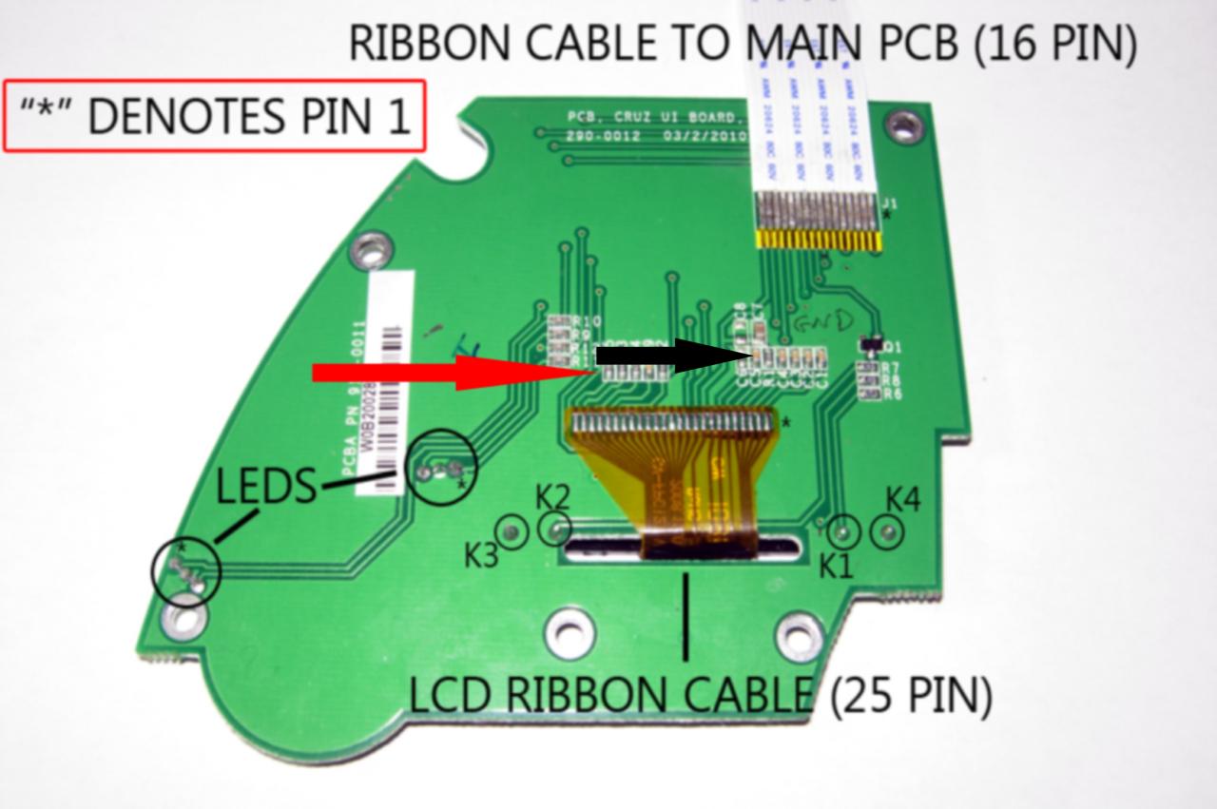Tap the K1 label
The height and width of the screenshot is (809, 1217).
(837, 566)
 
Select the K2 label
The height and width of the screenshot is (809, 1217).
(552, 496)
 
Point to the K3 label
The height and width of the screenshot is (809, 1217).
(482, 555)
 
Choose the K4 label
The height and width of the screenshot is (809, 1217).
(903, 499)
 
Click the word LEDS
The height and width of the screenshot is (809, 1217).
(265, 487)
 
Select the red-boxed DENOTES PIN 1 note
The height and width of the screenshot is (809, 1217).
(215, 116)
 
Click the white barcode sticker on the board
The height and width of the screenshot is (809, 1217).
(391, 379)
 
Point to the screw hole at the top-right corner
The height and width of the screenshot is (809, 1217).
(903, 125)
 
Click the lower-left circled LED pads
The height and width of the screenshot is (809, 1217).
(186, 571)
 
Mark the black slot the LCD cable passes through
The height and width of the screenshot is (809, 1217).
(680, 549)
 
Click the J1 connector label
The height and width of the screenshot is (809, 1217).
(889, 203)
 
